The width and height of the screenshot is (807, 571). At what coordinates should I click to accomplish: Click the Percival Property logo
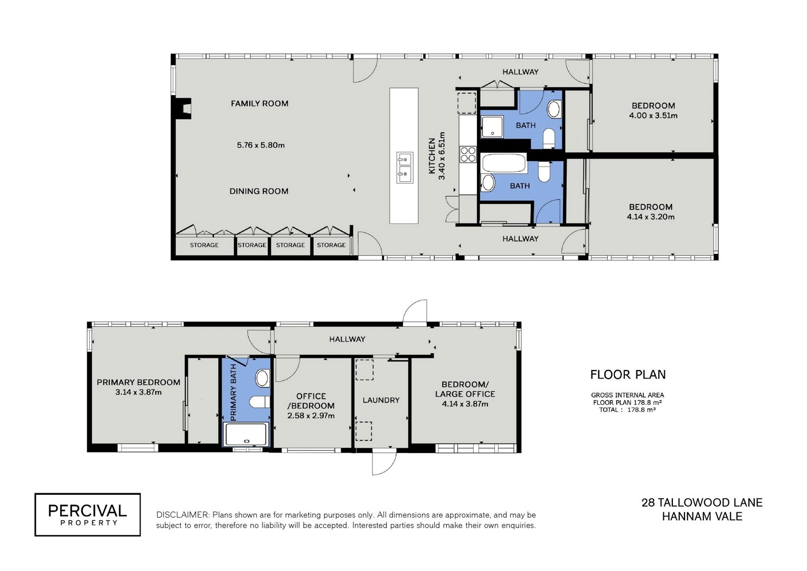click(x=88, y=514)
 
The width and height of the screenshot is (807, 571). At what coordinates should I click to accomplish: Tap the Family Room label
click(x=259, y=104)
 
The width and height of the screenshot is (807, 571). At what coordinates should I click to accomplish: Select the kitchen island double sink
click(x=405, y=168)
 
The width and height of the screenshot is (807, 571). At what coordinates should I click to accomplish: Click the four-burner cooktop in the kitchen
click(x=468, y=154)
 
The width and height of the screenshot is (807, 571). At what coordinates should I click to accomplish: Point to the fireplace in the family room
click(x=184, y=108)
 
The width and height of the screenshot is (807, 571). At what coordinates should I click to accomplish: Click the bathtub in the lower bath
click(x=503, y=163)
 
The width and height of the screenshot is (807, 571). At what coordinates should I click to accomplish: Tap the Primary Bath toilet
click(x=259, y=402)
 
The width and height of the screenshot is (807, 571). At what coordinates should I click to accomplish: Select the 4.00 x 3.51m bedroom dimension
click(x=653, y=116)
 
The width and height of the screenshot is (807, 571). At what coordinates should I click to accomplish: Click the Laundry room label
click(x=381, y=400)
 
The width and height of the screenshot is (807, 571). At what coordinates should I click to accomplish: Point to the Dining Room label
click(x=259, y=191)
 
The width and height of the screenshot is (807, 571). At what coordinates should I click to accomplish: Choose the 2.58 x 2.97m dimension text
click(x=311, y=416)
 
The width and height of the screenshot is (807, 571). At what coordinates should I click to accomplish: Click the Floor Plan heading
click(x=628, y=375)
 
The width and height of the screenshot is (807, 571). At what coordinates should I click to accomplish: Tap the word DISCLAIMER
click(x=183, y=515)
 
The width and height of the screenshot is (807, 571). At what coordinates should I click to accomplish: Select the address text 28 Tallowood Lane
click(x=702, y=502)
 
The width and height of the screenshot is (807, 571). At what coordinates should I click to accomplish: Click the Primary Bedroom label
click(x=138, y=382)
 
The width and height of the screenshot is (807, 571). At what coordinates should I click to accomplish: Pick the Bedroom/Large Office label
click(x=465, y=389)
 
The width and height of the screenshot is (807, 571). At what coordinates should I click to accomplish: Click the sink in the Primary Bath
click(x=262, y=379)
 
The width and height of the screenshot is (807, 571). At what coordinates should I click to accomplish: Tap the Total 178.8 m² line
click(x=627, y=410)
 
